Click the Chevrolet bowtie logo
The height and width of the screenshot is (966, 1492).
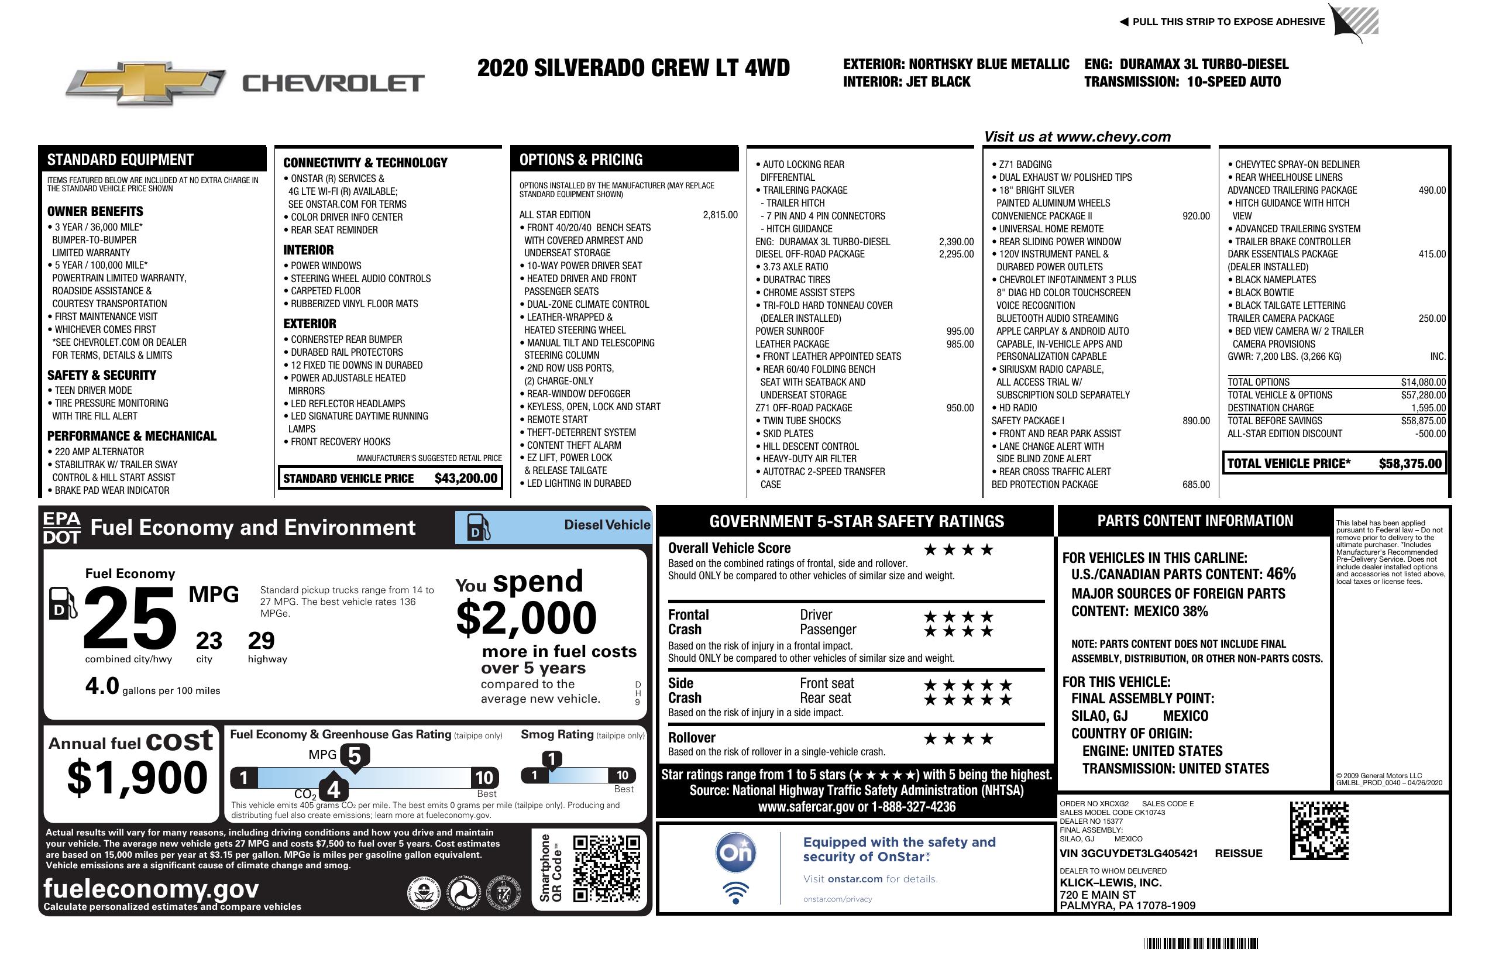click(146, 83)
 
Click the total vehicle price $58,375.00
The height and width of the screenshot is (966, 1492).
click(1410, 464)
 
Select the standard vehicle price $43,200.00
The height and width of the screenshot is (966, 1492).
click(465, 478)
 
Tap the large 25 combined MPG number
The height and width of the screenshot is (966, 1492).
click(130, 618)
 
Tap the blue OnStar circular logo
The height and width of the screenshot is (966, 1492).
click(735, 852)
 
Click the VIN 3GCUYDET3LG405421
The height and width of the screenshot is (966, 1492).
click(1129, 854)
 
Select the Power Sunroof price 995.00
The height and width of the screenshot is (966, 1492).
click(960, 331)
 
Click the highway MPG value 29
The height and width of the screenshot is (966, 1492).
click(261, 641)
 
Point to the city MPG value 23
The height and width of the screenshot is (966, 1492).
click(209, 641)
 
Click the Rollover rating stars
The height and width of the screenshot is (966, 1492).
click(958, 739)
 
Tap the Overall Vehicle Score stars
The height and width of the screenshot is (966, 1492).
click(958, 550)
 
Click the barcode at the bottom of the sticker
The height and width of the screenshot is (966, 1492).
click(1201, 943)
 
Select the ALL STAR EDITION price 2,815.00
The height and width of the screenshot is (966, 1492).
click(720, 215)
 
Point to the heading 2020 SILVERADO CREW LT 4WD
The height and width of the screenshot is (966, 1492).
click(633, 68)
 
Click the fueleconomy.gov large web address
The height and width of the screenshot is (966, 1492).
click(150, 888)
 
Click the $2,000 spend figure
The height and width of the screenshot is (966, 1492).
click(526, 618)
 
